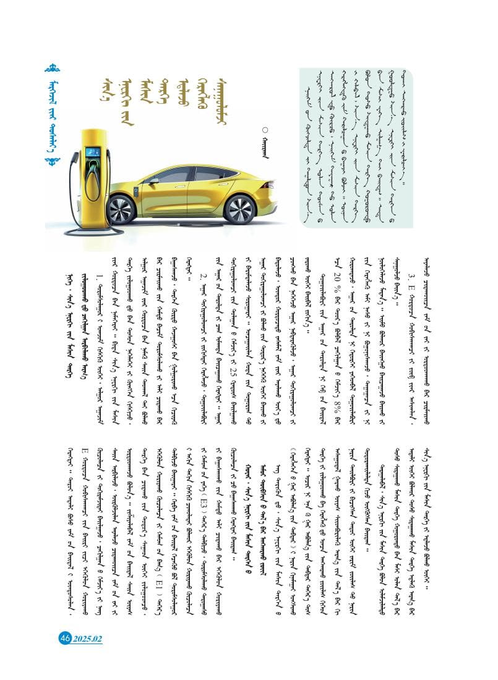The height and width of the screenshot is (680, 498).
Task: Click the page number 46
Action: point(66,638)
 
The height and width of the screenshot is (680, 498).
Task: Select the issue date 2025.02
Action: point(87,639)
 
